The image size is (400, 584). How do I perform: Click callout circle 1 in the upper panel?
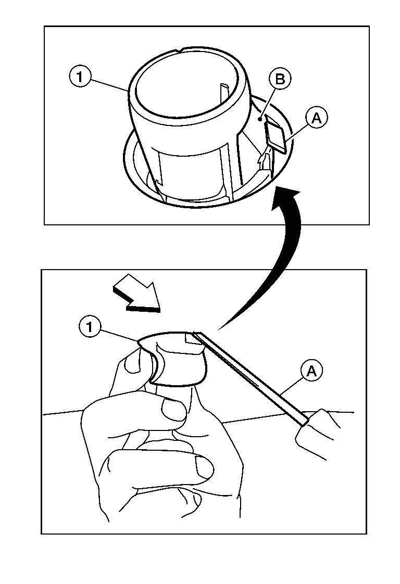79,77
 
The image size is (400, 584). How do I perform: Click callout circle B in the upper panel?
280,79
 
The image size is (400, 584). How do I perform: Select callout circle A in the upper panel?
316,118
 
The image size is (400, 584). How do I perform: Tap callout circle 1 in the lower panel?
90,327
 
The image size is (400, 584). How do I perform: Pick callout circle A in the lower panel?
311,371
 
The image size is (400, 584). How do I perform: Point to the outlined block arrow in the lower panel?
136,294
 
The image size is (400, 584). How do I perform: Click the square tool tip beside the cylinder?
276,137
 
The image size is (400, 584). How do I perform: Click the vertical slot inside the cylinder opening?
224,94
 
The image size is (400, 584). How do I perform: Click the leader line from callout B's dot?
267,103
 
